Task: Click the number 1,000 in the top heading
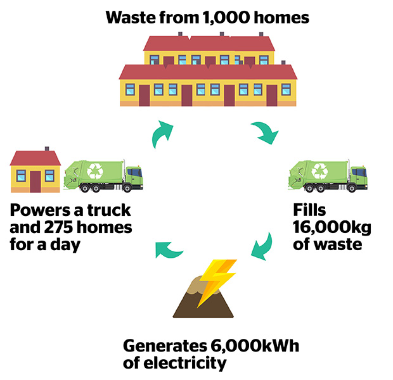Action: coord(226,18)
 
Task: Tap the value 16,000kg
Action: coord(332,227)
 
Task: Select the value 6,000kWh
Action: coord(255,346)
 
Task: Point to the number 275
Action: coord(58,227)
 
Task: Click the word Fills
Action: coord(309,210)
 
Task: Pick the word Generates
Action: coord(165,346)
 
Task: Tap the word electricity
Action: coord(185,364)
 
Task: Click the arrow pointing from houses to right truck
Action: coord(265,132)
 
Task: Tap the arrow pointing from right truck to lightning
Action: coord(264,248)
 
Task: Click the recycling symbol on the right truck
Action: coord(319,171)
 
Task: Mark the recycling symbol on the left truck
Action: coord(95,171)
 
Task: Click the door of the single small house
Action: coord(35,182)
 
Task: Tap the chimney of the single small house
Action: coord(47,149)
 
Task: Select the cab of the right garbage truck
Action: coord(359,177)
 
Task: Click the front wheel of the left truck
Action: coord(127,188)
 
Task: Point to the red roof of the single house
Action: coord(35,158)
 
